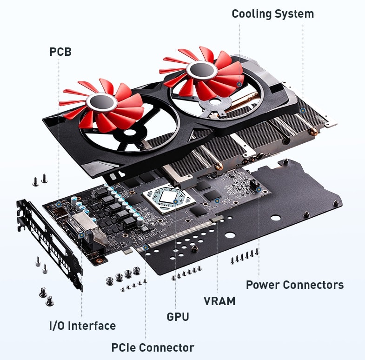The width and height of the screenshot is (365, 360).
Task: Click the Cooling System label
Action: pyautogui.click(x=272, y=14)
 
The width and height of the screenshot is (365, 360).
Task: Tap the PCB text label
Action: pyautogui.click(x=60, y=52)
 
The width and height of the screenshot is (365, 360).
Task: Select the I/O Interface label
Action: pyautogui.click(x=82, y=326)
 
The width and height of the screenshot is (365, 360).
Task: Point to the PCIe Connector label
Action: pyautogui.click(x=153, y=347)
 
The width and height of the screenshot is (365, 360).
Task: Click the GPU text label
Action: pyautogui.click(x=178, y=317)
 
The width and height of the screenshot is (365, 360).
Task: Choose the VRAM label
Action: pyautogui.click(x=219, y=301)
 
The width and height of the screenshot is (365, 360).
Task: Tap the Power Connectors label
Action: pyautogui.click(x=295, y=285)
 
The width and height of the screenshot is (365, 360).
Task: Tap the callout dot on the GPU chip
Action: pyautogui.click(x=175, y=201)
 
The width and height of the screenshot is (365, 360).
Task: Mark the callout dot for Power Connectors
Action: pyautogui.click(x=259, y=190)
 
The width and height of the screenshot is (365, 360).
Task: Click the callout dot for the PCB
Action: pyautogui.click(x=60, y=204)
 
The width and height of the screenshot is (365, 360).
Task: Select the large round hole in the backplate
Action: pyautogui.click(x=276, y=217)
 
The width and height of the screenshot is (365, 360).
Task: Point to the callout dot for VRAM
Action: pyautogui.click(x=217, y=201)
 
